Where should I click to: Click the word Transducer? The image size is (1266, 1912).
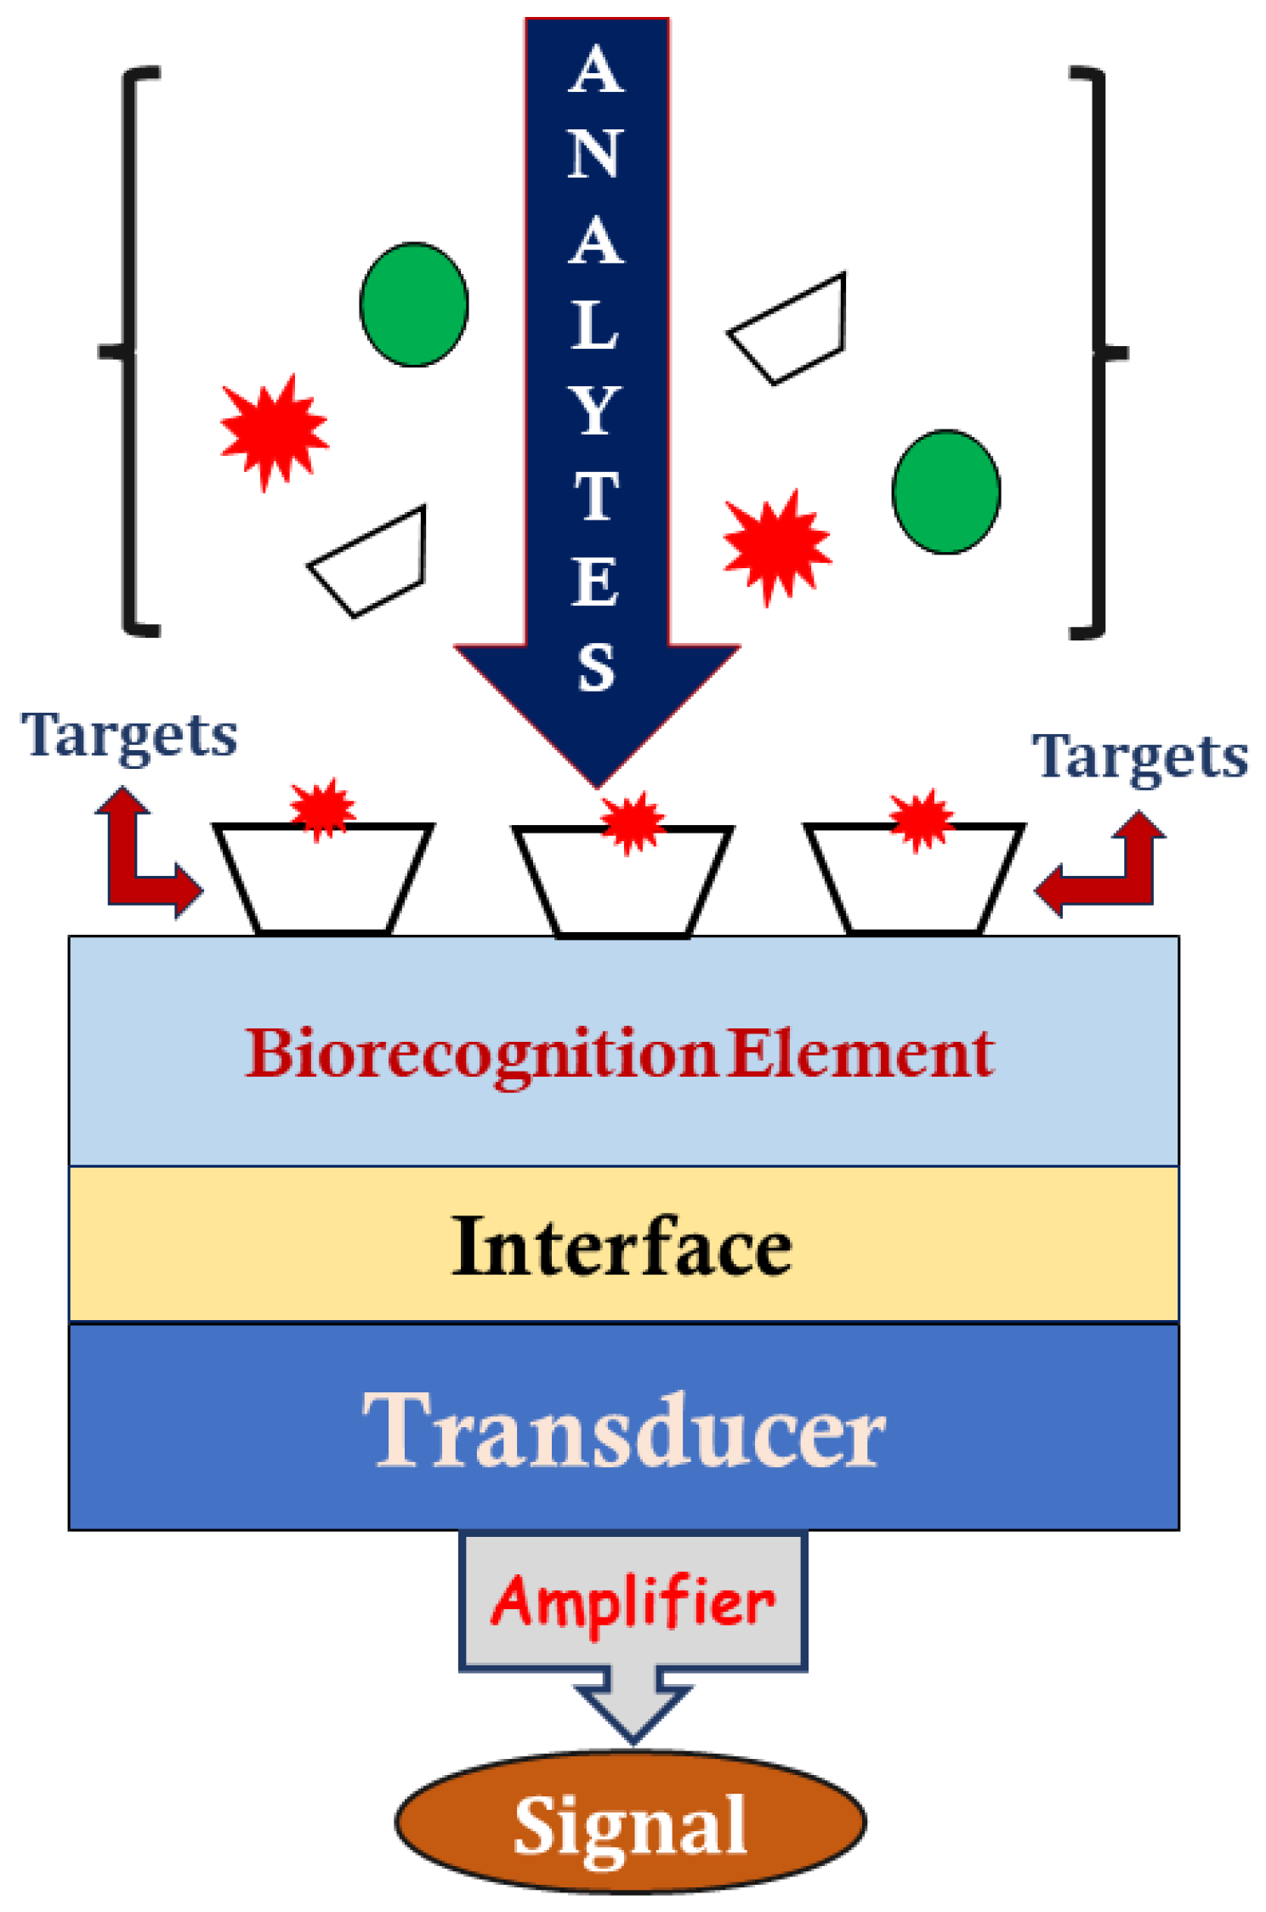pos(623,1431)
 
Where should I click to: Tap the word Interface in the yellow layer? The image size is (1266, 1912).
pos(622,1247)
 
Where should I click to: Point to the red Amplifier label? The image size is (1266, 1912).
pos(633,1602)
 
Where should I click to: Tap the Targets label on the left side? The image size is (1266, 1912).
pos(129,736)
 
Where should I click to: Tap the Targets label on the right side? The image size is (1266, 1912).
pos(1139,757)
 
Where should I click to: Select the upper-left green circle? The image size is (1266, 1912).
pos(413,304)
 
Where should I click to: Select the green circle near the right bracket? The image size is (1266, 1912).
pos(945,492)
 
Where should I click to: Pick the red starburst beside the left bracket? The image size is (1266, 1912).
pos(274,431)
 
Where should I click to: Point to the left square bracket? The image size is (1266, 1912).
pos(132,350)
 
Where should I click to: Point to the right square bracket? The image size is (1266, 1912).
pos(1097,350)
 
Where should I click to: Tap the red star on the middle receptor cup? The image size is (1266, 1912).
pos(632,822)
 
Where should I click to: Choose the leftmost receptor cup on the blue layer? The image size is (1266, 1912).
pos(323,880)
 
